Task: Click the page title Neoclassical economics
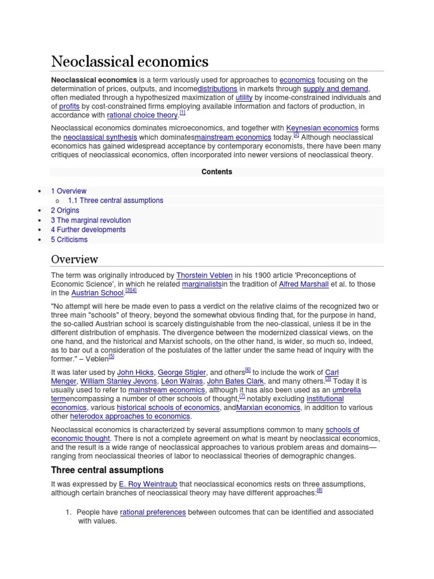(129, 61)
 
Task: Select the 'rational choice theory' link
(142, 115)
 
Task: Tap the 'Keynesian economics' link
(322, 128)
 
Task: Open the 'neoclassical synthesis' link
(100, 137)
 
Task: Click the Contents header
(217, 172)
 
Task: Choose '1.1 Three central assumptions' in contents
(115, 201)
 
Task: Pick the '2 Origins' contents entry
(65, 210)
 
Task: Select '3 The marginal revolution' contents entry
(90, 220)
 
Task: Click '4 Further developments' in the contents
(88, 230)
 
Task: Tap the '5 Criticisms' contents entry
(69, 239)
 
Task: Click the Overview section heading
(75, 259)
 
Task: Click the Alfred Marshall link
(303, 284)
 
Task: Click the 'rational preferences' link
(153, 512)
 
